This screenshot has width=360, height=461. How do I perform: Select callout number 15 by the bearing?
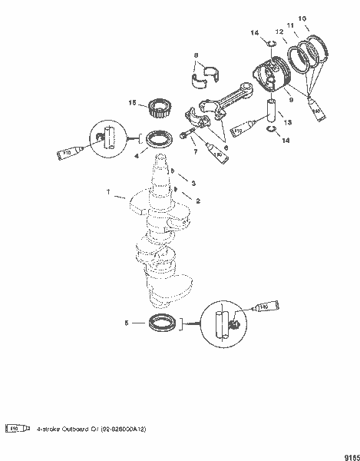click(x=132, y=103)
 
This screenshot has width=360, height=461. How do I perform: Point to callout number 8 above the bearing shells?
click(x=196, y=55)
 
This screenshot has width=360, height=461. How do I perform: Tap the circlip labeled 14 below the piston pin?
click(x=271, y=131)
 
